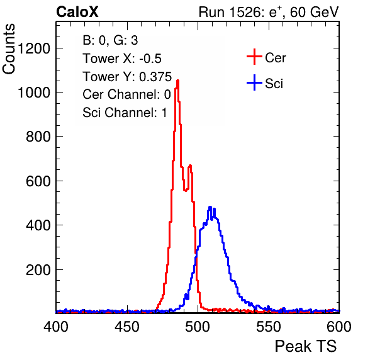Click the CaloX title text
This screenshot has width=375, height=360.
point(77,12)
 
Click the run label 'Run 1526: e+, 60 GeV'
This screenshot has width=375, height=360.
point(269,12)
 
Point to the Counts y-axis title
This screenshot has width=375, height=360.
point(9,49)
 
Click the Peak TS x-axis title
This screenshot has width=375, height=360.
point(306,346)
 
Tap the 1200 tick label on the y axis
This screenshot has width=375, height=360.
point(34,48)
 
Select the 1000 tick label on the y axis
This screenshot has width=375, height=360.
point(34,93)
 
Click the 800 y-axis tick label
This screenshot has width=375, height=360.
point(38,137)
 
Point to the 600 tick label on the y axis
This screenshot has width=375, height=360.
point(38,181)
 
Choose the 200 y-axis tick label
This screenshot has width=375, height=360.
point(38,270)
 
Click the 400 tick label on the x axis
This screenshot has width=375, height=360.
point(56,327)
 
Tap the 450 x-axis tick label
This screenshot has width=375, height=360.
point(126,327)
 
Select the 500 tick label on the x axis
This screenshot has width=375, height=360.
point(198,327)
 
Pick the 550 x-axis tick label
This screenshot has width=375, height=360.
point(268,327)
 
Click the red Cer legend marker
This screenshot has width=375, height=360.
point(254,57)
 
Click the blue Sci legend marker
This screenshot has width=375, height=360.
point(254,83)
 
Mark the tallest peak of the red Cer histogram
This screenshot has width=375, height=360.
point(177,81)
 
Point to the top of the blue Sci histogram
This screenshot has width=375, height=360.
point(210,207)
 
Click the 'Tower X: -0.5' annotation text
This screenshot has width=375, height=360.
point(122,59)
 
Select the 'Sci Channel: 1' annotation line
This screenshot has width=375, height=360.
point(125,113)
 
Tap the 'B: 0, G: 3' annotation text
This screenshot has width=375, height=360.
point(110,40)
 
